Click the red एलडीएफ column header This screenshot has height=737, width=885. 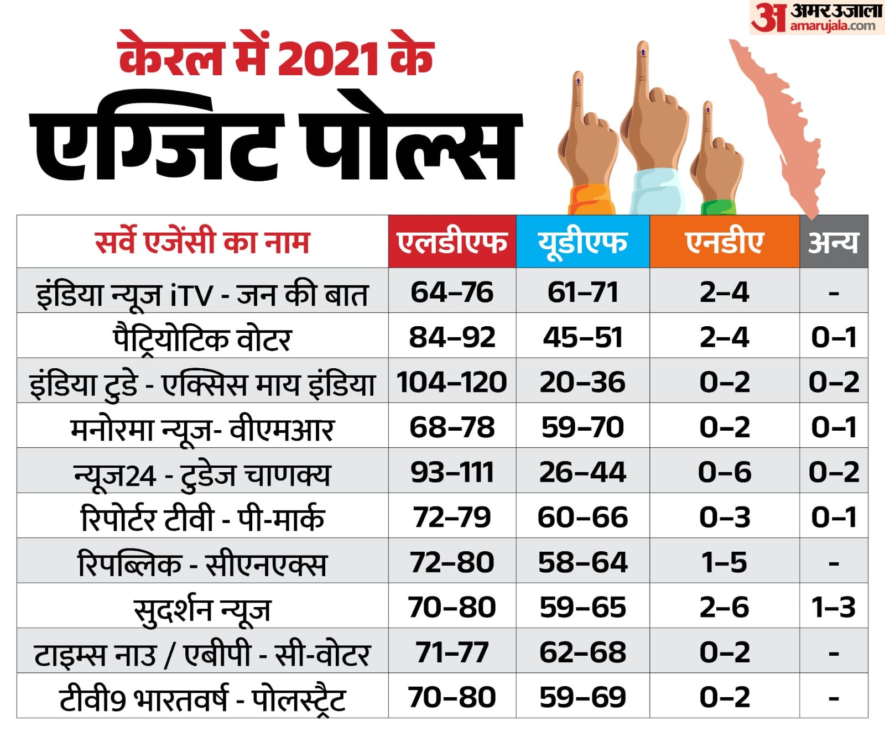(x=452, y=242)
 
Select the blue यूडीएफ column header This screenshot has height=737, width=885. (x=582, y=242)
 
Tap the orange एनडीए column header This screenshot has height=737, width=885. (x=724, y=242)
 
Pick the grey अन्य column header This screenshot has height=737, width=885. (x=833, y=242)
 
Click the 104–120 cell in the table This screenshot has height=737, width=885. (x=452, y=382)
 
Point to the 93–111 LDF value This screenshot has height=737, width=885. (x=452, y=472)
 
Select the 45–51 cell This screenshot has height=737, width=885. (x=582, y=337)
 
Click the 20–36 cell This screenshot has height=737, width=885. (x=582, y=382)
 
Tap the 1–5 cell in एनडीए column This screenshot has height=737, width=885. (x=724, y=562)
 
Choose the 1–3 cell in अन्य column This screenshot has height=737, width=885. (x=833, y=607)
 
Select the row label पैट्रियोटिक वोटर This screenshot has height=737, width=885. (x=202, y=338)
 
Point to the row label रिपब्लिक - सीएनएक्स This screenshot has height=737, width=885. (x=202, y=564)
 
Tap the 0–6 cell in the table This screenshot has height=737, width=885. (x=724, y=472)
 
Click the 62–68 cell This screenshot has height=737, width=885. (x=582, y=652)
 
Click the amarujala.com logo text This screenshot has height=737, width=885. (x=832, y=25)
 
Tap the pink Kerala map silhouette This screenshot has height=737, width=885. (x=780, y=127)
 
